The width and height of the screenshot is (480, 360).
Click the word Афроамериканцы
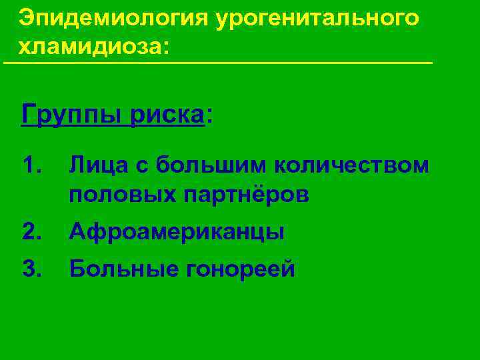click(177, 232)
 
